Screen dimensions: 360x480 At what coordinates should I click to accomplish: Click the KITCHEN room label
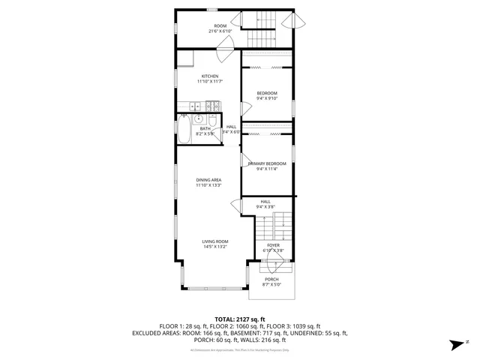tap(209, 76)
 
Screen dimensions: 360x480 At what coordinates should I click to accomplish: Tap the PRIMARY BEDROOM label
tap(267, 163)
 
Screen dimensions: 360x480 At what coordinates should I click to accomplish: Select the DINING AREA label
tap(208, 180)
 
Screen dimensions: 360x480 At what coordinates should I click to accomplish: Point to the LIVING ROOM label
tap(214, 241)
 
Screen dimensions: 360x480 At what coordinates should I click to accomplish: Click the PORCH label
tap(271, 279)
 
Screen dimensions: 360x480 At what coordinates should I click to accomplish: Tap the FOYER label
tap(273, 245)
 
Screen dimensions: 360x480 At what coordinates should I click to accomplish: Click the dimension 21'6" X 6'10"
tap(220, 31)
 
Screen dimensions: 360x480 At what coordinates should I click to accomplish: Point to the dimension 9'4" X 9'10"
tap(267, 97)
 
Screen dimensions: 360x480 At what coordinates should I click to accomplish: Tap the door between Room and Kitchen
tap(223, 52)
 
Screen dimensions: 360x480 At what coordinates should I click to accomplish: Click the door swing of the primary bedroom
tap(245, 160)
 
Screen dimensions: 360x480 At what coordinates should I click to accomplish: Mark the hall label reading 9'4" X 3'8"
tap(265, 206)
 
